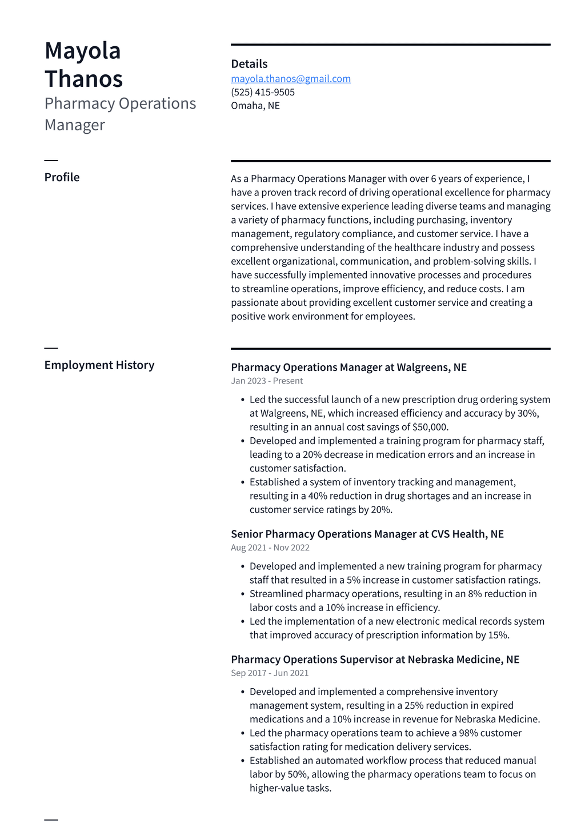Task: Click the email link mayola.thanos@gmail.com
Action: pyautogui.click(x=291, y=79)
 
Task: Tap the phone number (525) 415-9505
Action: pyautogui.click(x=263, y=92)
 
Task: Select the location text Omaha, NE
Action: pyautogui.click(x=255, y=106)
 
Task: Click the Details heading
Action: pyautogui.click(x=249, y=64)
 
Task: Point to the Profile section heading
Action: pyautogui.click(x=62, y=177)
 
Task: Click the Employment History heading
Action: pyautogui.click(x=99, y=365)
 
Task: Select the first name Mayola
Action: pyautogui.click(x=83, y=51)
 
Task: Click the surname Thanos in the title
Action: pyautogui.click(x=84, y=79)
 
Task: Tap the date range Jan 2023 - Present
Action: pyautogui.click(x=267, y=381)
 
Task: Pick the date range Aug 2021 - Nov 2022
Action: pyautogui.click(x=270, y=548)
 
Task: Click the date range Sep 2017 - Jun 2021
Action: pyautogui.click(x=270, y=673)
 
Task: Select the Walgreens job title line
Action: pyautogui.click(x=348, y=367)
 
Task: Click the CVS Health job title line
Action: pyautogui.click(x=367, y=534)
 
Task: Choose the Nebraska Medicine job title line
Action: pyautogui.click(x=375, y=660)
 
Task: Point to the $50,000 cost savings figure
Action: pyautogui.click(x=430, y=428)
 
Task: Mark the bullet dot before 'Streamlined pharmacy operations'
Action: pyautogui.click(x=243, y=594)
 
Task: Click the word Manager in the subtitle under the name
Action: pyautogui.click(x=75, y=125)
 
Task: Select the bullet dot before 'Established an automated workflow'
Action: pyautogui.click(x=243, y=761)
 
